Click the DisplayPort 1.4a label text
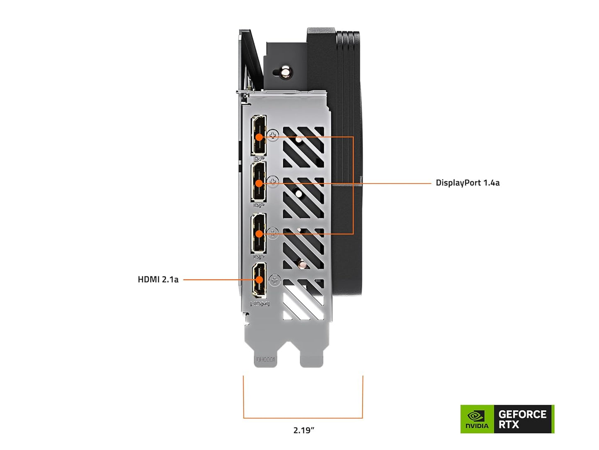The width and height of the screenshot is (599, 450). tap(467, 183)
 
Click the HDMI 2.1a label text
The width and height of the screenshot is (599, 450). tap(158, 279)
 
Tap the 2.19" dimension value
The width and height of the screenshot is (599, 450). tap(303, 430)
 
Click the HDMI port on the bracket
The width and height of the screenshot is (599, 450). tap(259, 280)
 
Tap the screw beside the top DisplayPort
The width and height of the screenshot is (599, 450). tap(273, 135)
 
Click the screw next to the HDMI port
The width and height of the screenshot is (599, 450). tap(275, 280)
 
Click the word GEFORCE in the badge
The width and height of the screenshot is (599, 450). tap(522, 414)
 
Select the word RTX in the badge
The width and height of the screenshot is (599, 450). tap(509, 425)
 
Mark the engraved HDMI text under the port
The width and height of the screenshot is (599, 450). tap(260, 304)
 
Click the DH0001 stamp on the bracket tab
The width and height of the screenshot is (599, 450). tap(265, 360)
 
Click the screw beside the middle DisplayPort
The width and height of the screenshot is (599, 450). tap(273, 181)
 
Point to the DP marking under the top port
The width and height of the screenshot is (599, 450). tap(258, 159)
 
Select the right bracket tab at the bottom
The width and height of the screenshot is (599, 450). tap(311, 357)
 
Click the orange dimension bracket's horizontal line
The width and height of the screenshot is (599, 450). tap(303, 418)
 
